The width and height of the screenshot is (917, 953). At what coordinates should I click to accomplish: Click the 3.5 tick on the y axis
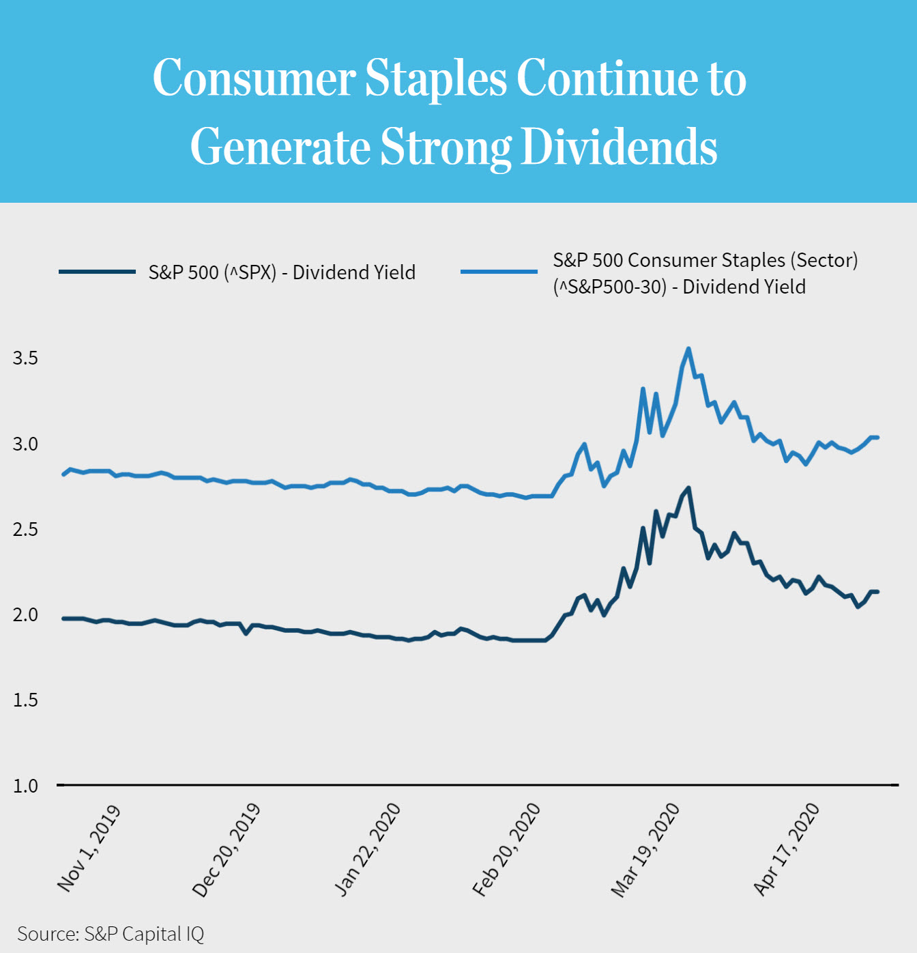click(x=25, y=358)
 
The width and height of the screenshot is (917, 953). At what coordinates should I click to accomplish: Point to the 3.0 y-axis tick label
click(x=25, y=444)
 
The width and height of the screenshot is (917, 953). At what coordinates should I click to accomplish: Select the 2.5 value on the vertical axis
click(x=25, y=529)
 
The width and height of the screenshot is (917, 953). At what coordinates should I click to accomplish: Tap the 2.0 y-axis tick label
click(x=25, y=614)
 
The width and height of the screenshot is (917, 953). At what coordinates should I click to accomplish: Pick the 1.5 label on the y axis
click(x=25, y=700)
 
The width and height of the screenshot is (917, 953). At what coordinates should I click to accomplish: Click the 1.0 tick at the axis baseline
click(x=25, y=786)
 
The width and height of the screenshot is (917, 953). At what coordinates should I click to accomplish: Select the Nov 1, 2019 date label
click(x=89, y=849)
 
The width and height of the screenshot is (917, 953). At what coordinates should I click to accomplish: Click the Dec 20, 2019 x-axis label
click(x=227, y=850)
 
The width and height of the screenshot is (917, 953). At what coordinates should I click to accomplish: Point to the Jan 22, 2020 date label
click(x=367, y=850)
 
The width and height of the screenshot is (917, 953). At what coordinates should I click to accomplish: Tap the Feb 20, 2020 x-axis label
click(x=506, y=850)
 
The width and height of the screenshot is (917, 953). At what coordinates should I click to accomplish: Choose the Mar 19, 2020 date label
click(x=645, y=850)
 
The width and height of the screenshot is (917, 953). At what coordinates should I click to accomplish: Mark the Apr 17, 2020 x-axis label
click(x=786, y=850)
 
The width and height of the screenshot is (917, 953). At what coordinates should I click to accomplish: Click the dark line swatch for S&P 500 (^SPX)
click(x=97, y=272)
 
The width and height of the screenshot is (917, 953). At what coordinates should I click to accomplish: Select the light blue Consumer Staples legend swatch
click(x=499, y=272)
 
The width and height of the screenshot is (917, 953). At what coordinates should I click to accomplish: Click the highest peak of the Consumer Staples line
click(x=688, y=349)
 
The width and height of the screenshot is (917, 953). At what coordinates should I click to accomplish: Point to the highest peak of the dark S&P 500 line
click(x=688, y=488)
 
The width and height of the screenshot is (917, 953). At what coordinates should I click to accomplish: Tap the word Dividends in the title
click(x=619, y=146)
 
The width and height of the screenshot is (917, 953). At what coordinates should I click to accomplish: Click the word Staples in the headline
click(x=436, y=78)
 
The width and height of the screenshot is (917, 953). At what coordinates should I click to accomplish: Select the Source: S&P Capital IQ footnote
click(x=111, y=934)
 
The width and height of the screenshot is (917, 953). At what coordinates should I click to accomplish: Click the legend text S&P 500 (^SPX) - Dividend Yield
click(x=282, y=272)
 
